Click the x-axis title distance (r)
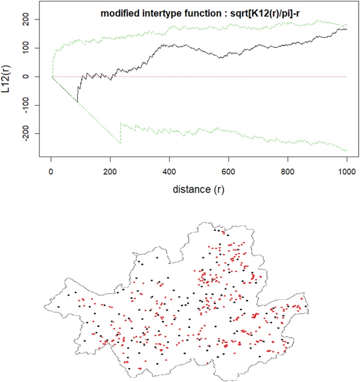(198, 189)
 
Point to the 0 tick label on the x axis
(51, 171)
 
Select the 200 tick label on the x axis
(110, 171)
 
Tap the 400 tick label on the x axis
(169, 171)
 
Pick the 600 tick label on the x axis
(229, 171)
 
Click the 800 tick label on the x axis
(288, 171)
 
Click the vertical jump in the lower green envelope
(121, 133)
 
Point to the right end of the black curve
(346, 29)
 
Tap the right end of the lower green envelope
(346, 150)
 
